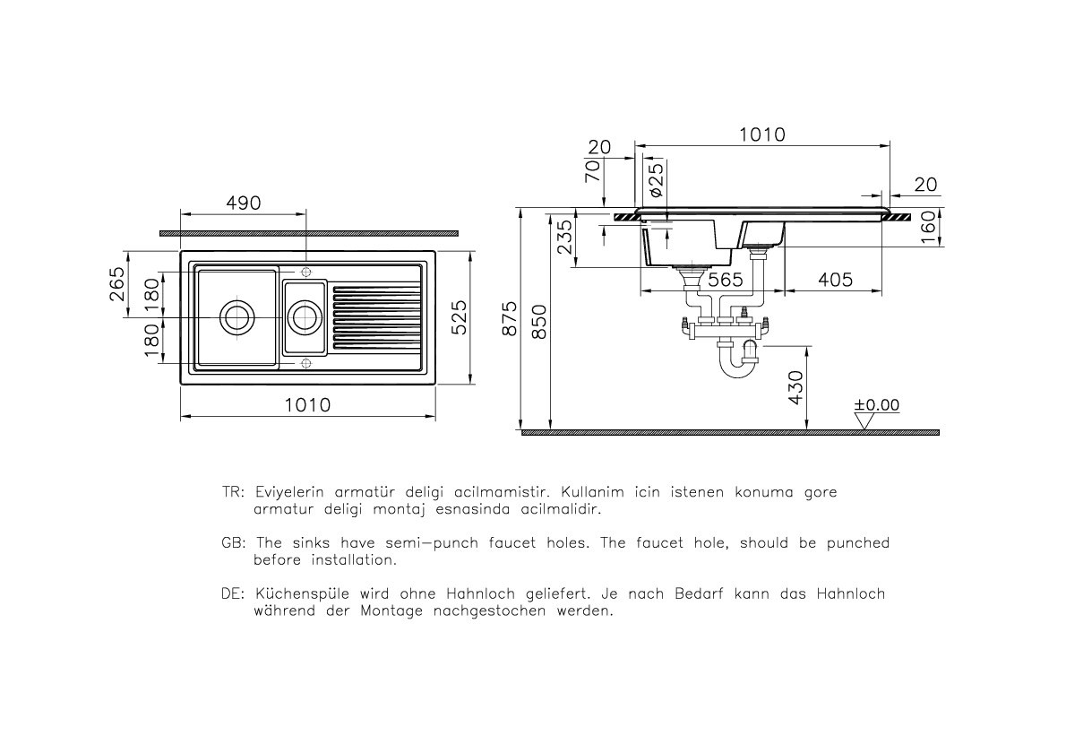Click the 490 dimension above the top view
243,203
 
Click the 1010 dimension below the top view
307,405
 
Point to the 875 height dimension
509,318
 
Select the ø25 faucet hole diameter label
655,181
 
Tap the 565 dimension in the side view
725,280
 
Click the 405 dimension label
835,280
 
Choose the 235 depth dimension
564,238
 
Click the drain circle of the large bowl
237,317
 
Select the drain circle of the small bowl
305,317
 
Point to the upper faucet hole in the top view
305,272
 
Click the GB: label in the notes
233,543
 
